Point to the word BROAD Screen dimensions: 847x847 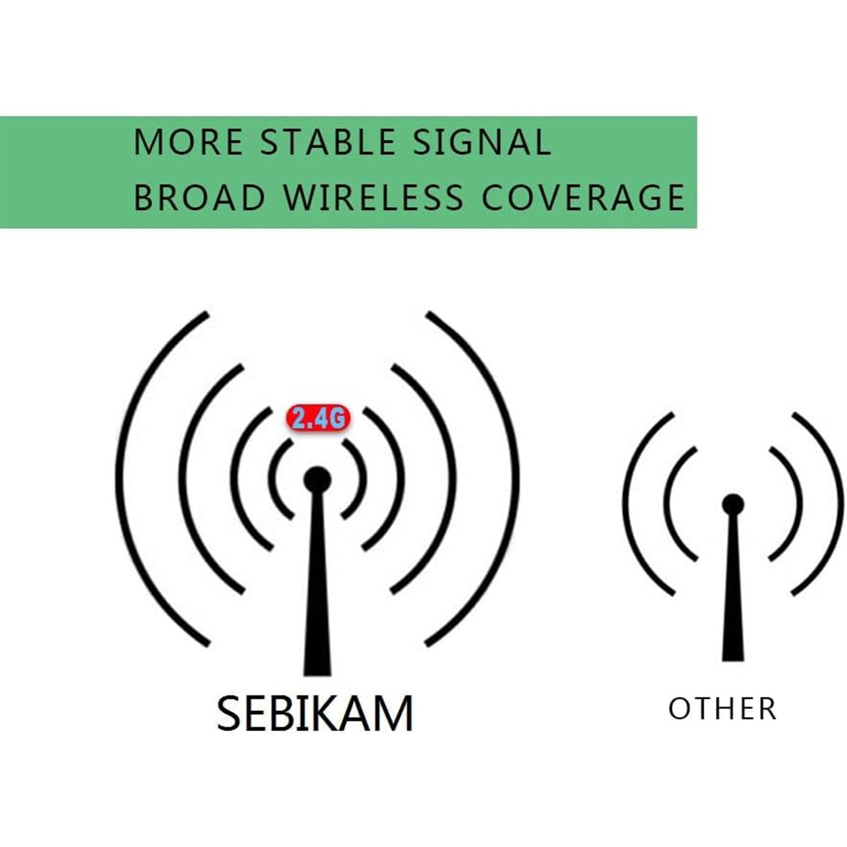pos(199,197)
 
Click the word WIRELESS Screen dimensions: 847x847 pos(374,197)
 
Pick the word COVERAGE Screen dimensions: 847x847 pos(583,197)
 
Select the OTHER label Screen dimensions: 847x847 pos(723,709)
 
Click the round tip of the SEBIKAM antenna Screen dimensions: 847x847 pos(318,480)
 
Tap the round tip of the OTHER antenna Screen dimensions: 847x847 pos(733,504)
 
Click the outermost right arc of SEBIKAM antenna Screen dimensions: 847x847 pos(517,479)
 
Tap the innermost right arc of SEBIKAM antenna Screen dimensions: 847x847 pos(364,479)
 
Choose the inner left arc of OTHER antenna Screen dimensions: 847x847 pos(666,503)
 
